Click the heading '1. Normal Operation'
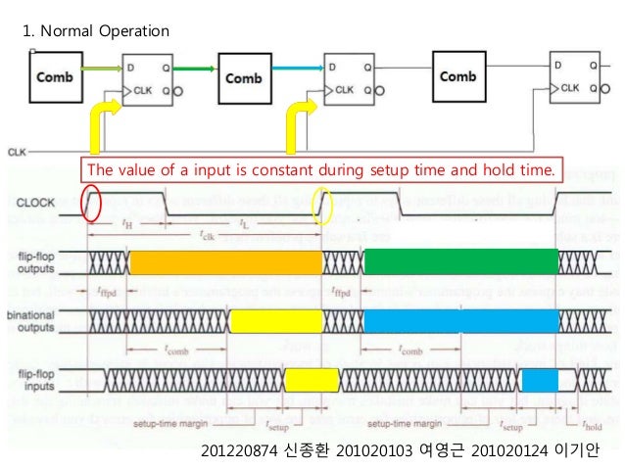[95, 31]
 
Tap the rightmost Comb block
[458, 75]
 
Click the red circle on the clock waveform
[93, 202]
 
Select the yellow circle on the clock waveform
[322, 206]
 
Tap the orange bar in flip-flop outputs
[225, 261]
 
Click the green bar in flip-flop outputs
[460, 261]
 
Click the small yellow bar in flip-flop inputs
[312, 378]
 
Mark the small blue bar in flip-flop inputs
[540, 379]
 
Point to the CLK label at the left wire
[17, 152]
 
